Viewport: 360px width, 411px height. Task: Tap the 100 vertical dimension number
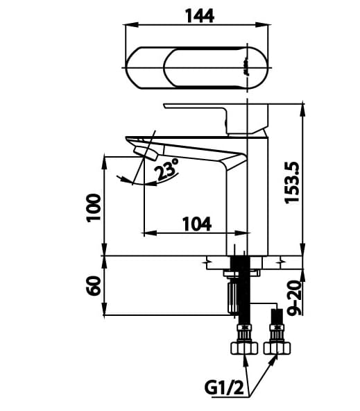click(94, 208)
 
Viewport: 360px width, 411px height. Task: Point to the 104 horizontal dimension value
click(196, 223)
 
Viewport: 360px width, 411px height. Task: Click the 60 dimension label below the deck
click(94, 285)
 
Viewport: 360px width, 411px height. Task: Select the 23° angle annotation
click(166, 170)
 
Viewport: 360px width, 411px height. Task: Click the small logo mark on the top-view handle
click(246, 67)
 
